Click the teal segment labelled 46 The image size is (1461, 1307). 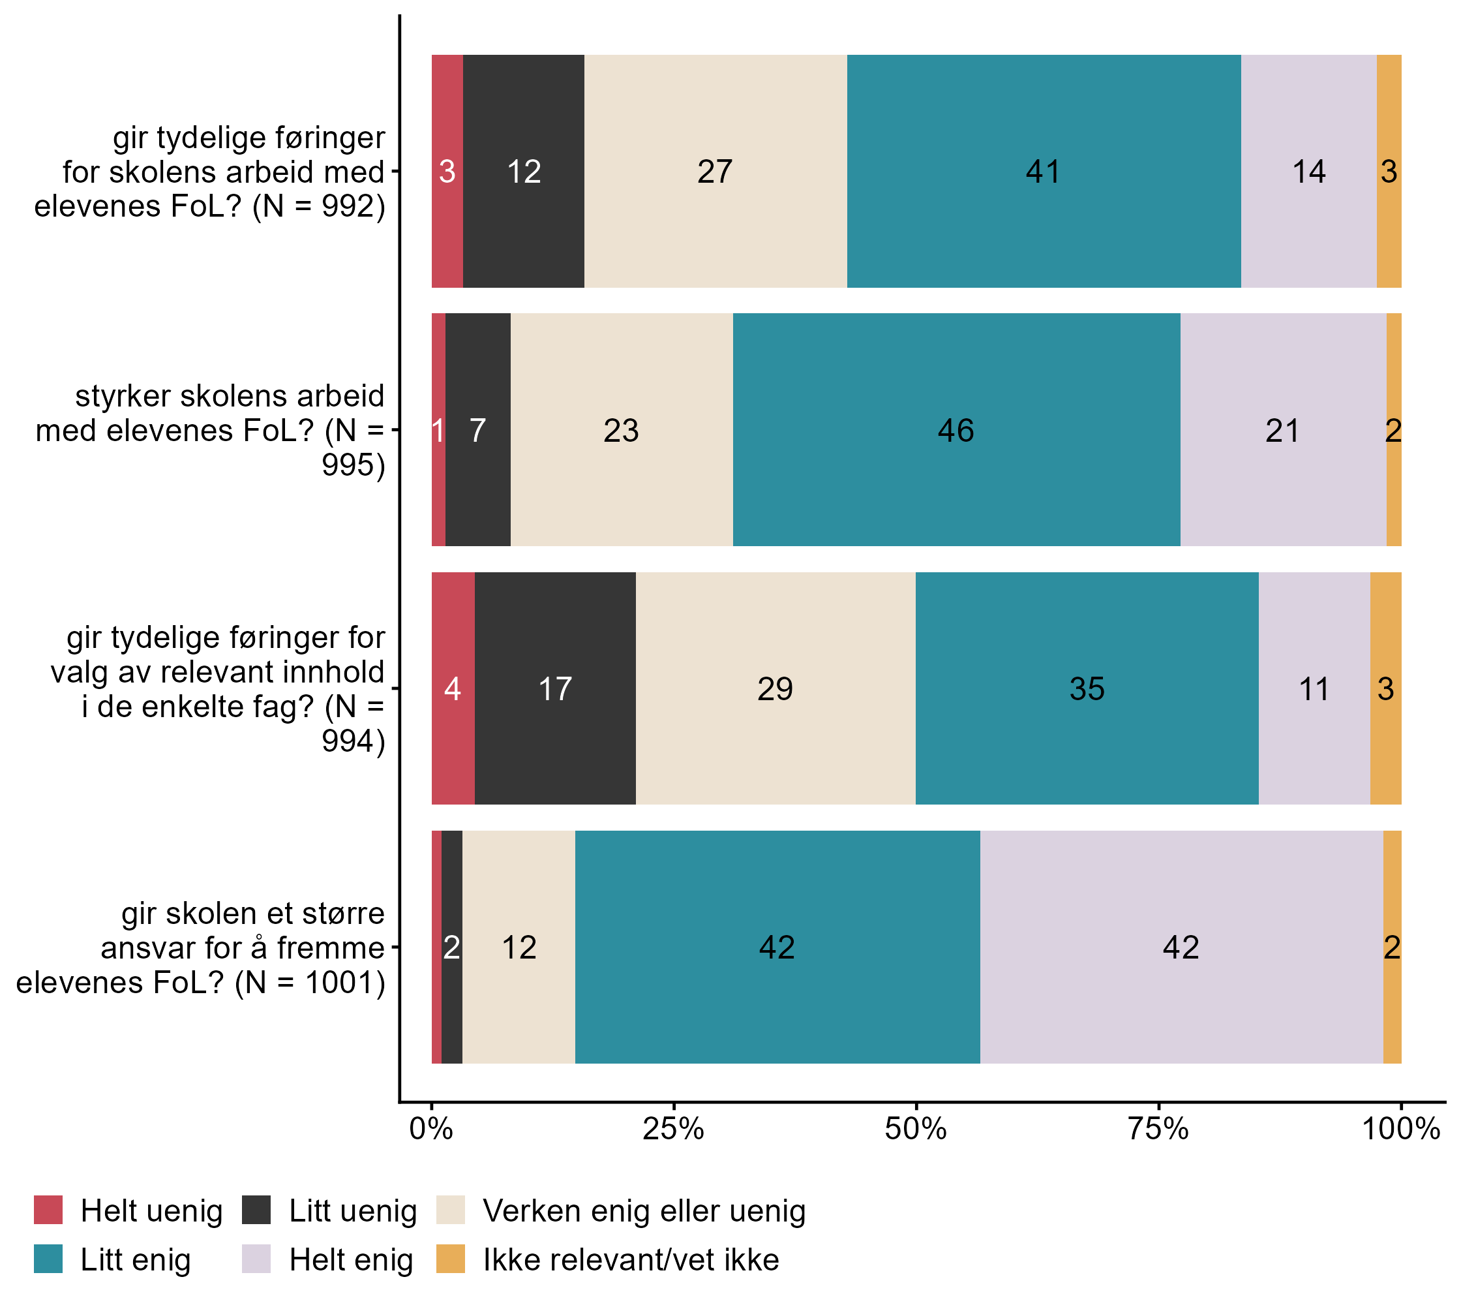point(956,430)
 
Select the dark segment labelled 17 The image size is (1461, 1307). point(555,688)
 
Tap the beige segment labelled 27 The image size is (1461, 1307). point(715,172)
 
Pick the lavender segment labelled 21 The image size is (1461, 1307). point(1283,430)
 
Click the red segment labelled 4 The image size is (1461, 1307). point(452,688)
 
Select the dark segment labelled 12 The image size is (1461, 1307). point(523,172)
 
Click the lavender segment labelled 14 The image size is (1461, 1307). point(1308,172)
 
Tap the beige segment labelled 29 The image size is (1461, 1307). point(776,688)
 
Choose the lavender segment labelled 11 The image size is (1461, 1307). point(1314,688)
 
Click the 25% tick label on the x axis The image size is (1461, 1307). point(672,1130)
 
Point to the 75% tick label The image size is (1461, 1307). point(1158,1130)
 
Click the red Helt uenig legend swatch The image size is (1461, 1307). point(48,1210)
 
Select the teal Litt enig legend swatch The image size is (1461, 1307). point(48,1259)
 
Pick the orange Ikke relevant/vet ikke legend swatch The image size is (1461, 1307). point(450,1259)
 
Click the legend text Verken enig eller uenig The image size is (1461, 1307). point(644,1211)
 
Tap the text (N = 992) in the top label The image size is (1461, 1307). point(319,206)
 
